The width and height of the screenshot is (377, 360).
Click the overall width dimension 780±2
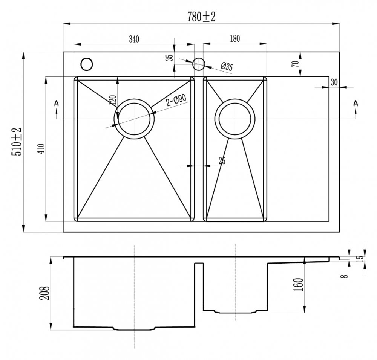[201, 17]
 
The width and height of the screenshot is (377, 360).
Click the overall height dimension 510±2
[17, 142]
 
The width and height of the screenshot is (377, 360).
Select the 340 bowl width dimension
[134, 39]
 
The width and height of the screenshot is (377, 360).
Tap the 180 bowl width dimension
[235, 38]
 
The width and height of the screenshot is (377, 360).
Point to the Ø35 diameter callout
[227, 67]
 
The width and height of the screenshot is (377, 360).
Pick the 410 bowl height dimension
[41, 149]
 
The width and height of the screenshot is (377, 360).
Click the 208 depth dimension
[44, 293]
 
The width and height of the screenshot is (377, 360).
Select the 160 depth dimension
[298, 285]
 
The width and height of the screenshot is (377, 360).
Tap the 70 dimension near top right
[296, 64]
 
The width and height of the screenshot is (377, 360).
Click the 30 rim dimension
[334, 82]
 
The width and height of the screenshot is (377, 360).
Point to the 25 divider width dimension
[222, 161]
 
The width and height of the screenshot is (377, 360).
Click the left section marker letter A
[57, 103]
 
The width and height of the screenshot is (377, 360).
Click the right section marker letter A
[356, 103]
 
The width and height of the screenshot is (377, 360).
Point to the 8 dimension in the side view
[346, 276]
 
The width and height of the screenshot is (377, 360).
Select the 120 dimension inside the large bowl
[113, 100]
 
